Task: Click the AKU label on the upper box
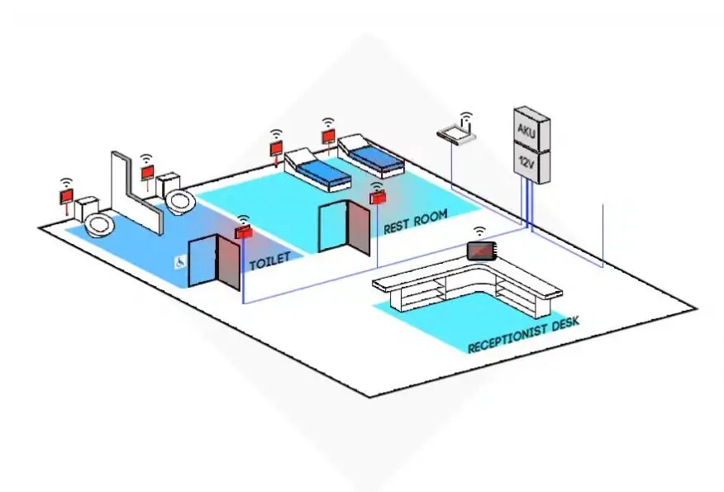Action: [526, 129]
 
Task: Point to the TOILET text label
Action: [269, 260]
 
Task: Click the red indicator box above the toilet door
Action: [244, 233]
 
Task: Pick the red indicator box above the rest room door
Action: [378, 198]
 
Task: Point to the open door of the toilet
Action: [228, 262]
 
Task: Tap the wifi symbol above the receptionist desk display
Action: [479, 232]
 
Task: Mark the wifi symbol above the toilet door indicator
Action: [243, 220]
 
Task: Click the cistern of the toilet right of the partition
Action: [169, 183]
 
